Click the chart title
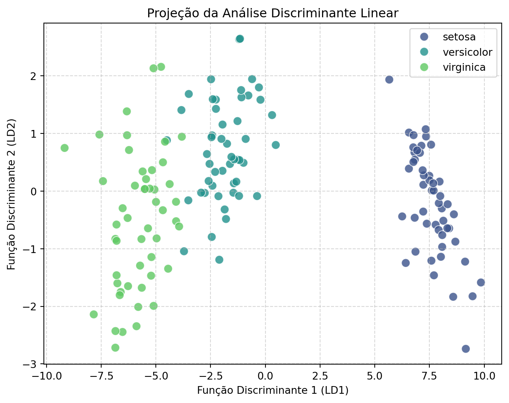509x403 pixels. point(272,13)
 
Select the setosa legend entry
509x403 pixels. point(459,37)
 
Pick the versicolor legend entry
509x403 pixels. point(467,52)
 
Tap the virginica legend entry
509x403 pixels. point(464,67)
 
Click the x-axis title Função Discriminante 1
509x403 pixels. point(272,390)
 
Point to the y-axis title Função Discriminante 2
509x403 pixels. point(12,194)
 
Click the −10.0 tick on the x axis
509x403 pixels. point(46,375)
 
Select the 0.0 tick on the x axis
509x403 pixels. point(265,375)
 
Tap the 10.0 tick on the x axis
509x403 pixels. point(484,375)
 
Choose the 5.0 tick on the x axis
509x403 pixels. point(375,375)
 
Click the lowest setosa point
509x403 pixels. point(466,349)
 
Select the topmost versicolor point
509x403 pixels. point(240,39)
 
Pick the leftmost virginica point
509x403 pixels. point(65,148)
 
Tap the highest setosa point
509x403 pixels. point(389,80)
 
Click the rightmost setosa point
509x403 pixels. point(481,283)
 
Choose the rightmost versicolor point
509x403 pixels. point(275,145)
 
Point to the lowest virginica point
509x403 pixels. point(115,348)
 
